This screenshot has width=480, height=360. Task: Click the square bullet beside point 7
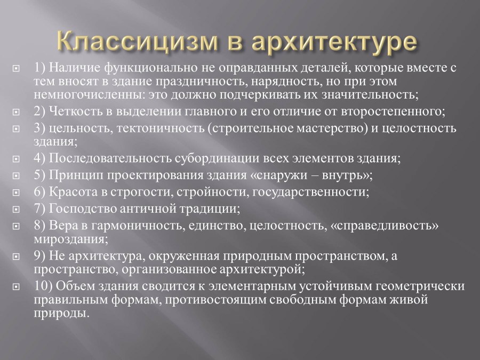tap(16, 209)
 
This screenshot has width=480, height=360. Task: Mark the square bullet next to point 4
tap(16, 159)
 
